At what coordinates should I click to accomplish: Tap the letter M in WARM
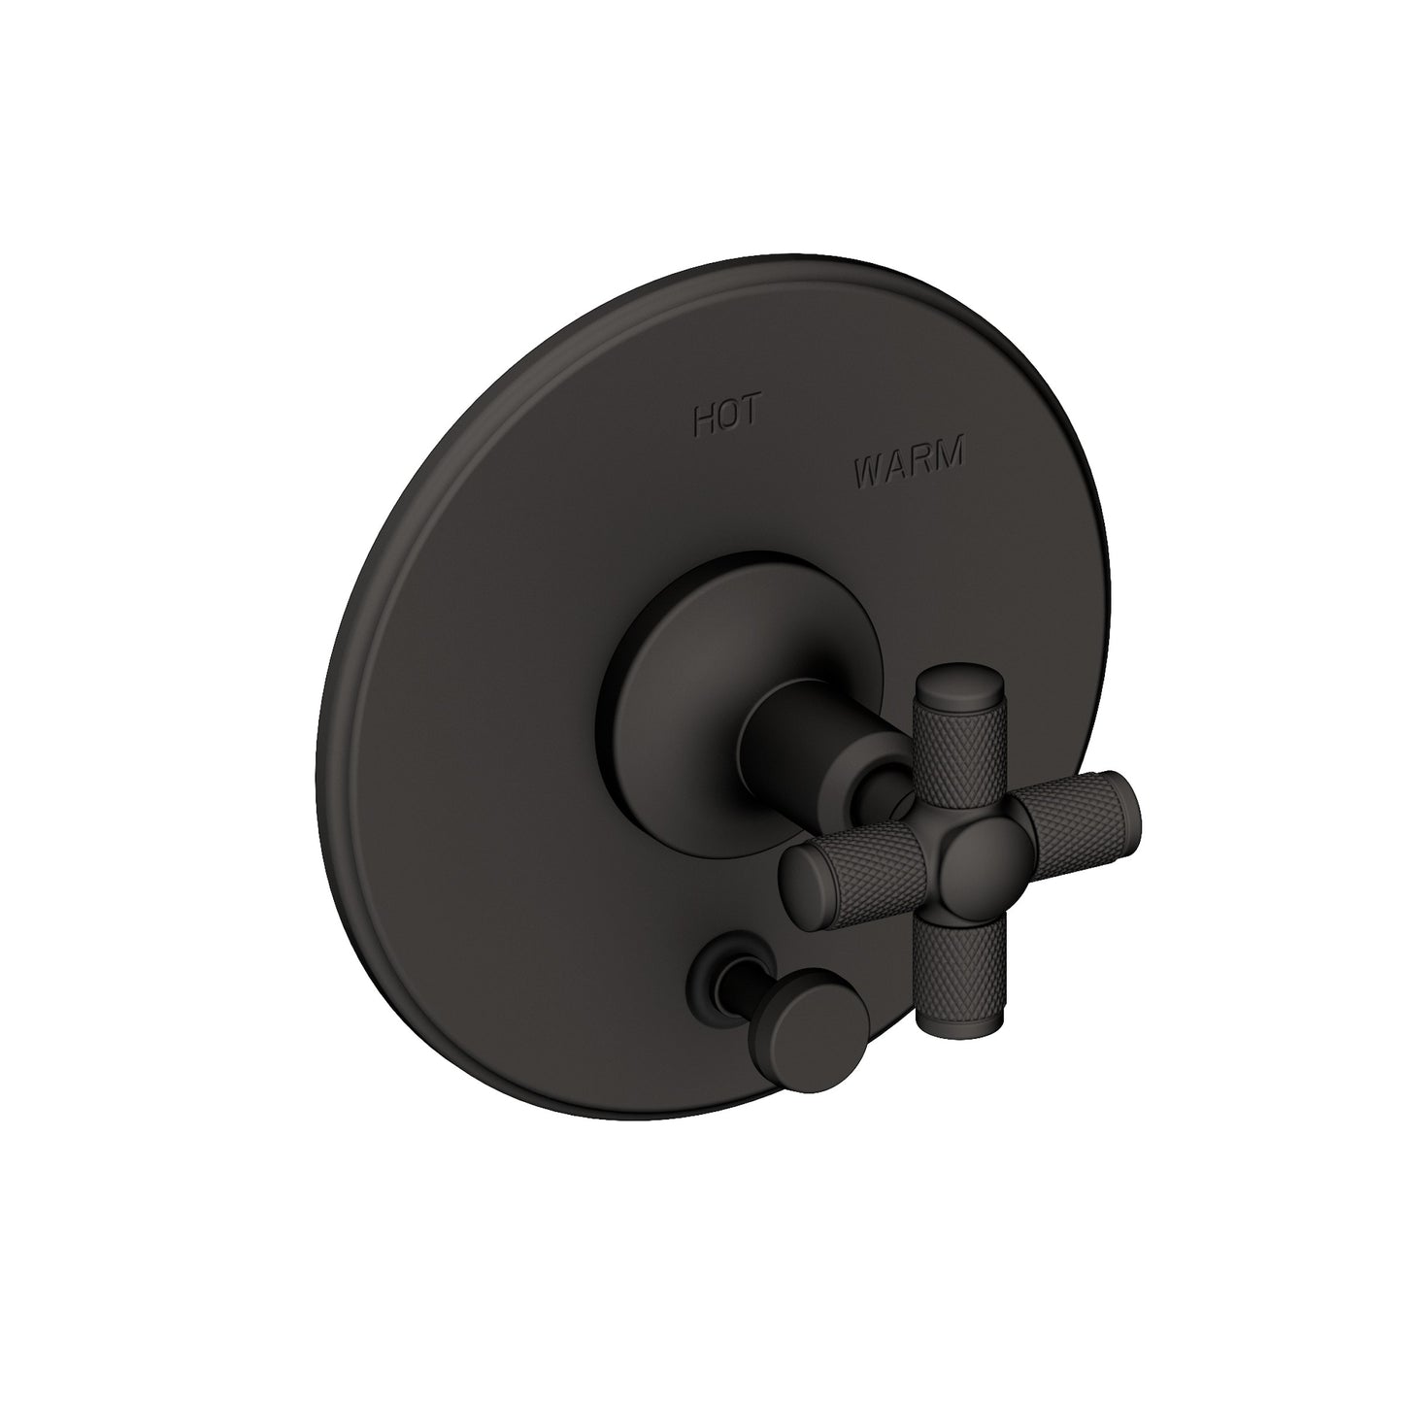click(949, 452)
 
